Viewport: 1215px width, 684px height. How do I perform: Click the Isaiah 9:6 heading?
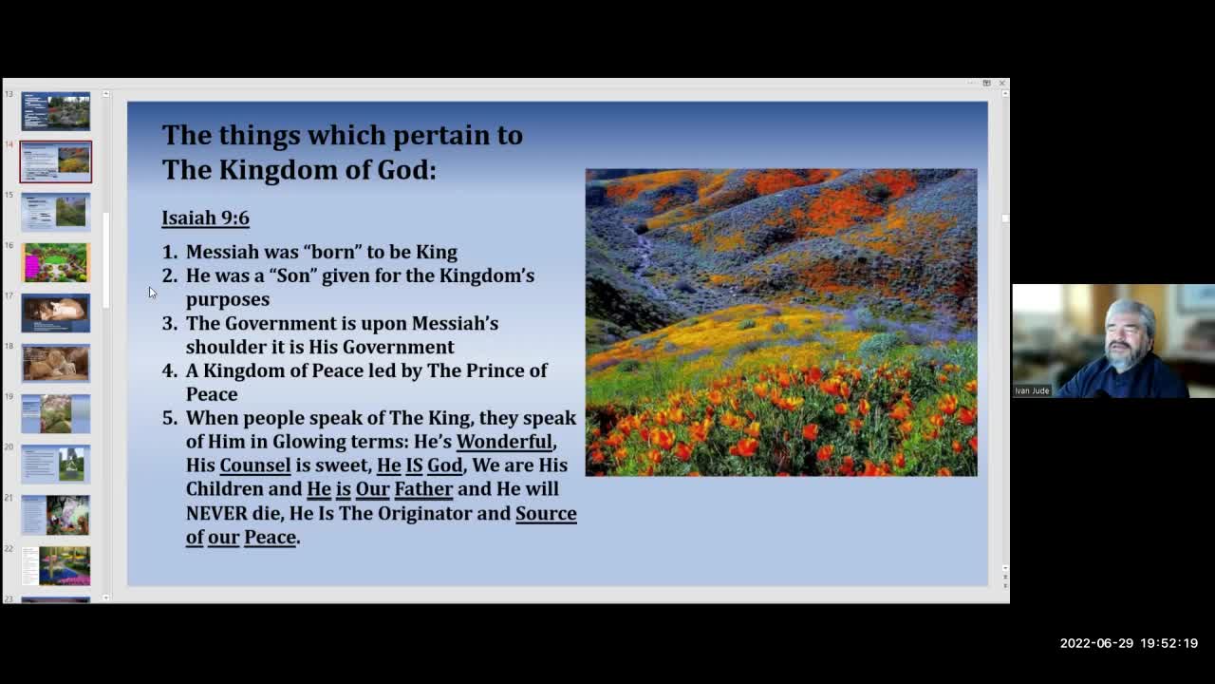[205, 218]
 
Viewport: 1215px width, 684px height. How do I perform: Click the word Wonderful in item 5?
[504, 442]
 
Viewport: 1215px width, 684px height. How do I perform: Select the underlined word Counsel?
[254, 465]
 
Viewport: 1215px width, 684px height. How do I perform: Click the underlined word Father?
[423, 489]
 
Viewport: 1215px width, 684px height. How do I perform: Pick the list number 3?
[169, 324]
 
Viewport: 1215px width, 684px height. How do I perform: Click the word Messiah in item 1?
[222, 252]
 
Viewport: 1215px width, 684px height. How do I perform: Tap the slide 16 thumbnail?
[56, 262]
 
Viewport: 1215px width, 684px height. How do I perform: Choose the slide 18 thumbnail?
[56, 363]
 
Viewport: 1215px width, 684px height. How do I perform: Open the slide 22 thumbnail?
[56, 565]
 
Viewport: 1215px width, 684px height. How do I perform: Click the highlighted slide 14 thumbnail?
[56, 161]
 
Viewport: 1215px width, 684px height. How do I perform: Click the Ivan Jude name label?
[1032, 390]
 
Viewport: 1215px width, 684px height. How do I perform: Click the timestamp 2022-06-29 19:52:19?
[1129, 643]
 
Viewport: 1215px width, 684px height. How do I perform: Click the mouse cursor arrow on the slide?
[152, 293]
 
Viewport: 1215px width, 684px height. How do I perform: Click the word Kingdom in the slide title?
[276, 170]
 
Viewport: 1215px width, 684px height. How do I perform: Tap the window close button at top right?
[1001, 84]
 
